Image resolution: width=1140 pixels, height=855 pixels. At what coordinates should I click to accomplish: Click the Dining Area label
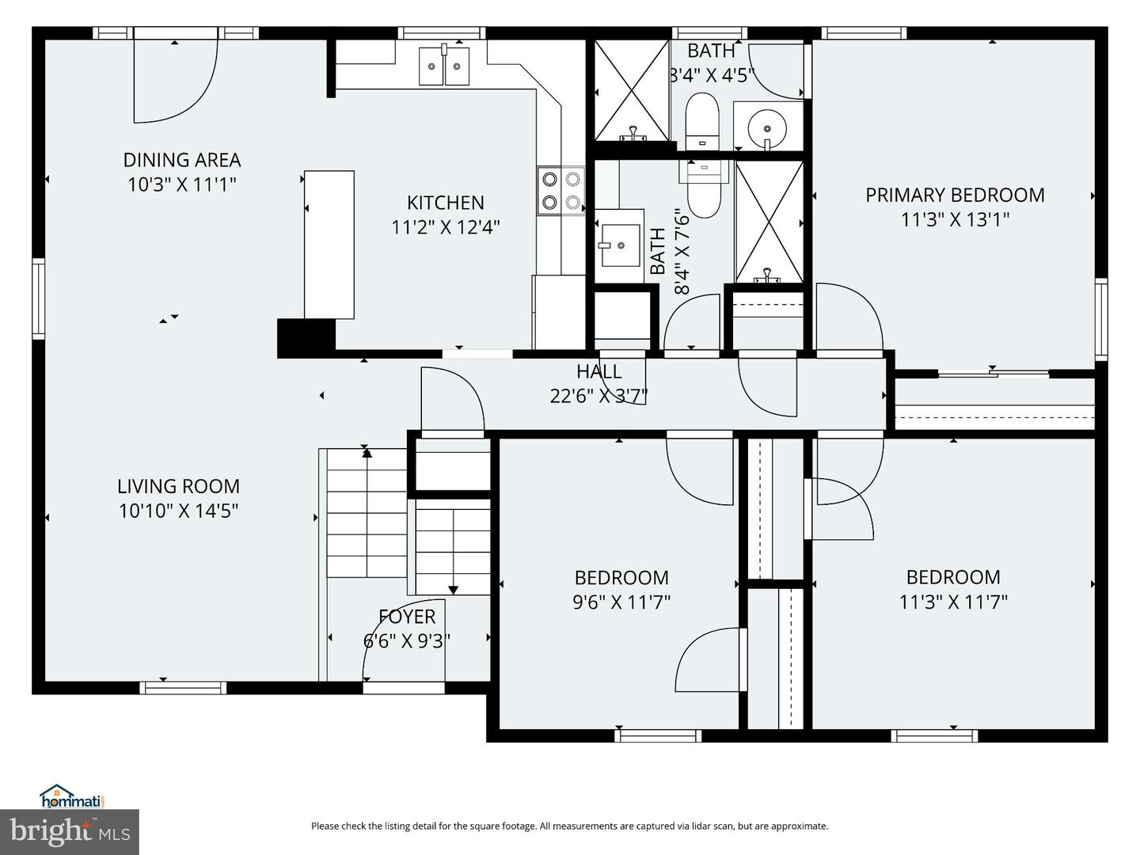(x=182, y=160)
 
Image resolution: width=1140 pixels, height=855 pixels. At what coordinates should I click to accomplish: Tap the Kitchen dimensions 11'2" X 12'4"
(x=446, y=227)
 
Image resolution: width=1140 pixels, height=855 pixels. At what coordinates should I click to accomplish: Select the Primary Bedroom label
(x=955, y=196)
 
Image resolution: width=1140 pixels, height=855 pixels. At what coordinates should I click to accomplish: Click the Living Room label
(x=178, y=486)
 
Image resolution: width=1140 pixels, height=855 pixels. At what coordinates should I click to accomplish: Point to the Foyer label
(x=407, y=617)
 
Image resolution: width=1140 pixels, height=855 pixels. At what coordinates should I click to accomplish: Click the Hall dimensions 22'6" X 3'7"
(x=598, y=396)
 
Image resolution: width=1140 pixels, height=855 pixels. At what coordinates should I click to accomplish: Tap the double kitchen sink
(x=444, y=66)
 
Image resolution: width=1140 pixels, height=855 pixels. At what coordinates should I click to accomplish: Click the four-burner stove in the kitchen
(x=561, y=191)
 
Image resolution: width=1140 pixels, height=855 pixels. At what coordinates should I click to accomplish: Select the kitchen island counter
(x=329, y=245)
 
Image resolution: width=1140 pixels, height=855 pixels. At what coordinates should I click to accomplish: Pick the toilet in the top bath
(x=702, y=121)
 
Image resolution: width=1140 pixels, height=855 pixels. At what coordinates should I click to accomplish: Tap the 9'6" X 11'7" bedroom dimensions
(x=621, y=602)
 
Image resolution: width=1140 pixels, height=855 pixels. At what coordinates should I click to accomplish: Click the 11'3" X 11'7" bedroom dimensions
(x=953, y=602)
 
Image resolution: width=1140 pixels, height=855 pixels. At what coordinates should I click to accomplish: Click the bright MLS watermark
(x=70, y=832)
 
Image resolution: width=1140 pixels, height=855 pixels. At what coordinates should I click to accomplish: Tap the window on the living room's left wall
(x=39, y=298)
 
